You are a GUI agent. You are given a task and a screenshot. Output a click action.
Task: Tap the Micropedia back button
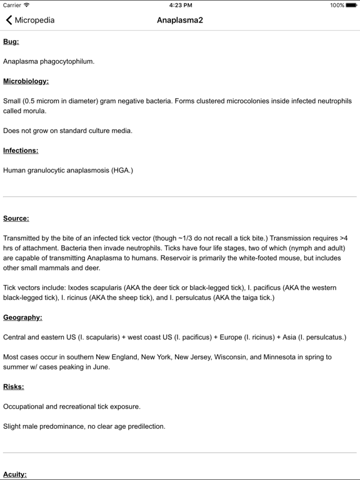click(x=30, y=20)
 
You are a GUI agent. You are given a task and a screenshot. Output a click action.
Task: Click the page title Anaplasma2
click(x=180, y=20)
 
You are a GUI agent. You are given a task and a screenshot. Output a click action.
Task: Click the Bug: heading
click(x=11, y=41)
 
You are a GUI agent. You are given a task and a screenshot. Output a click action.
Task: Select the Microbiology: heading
click(x=26, y=81)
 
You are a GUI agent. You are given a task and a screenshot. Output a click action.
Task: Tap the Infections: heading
click(x=21, y=150)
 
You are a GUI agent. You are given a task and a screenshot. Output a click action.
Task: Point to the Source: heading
click(x=16, y=218)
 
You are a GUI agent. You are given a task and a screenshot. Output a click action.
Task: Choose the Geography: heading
click(x=22, y=317)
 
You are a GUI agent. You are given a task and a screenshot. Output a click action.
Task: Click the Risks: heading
click(x=13, y=386)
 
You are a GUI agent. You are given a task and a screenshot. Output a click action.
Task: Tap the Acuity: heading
click(x=15, y=474)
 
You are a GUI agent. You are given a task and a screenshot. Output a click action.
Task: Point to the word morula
click(x=34, y=111)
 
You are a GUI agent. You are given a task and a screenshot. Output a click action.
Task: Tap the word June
click(x=99, y=367)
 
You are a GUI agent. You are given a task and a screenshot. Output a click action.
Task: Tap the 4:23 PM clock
click(x=180, y=5)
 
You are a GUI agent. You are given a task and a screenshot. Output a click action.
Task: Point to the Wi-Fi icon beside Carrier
click(x=27, y=5)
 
